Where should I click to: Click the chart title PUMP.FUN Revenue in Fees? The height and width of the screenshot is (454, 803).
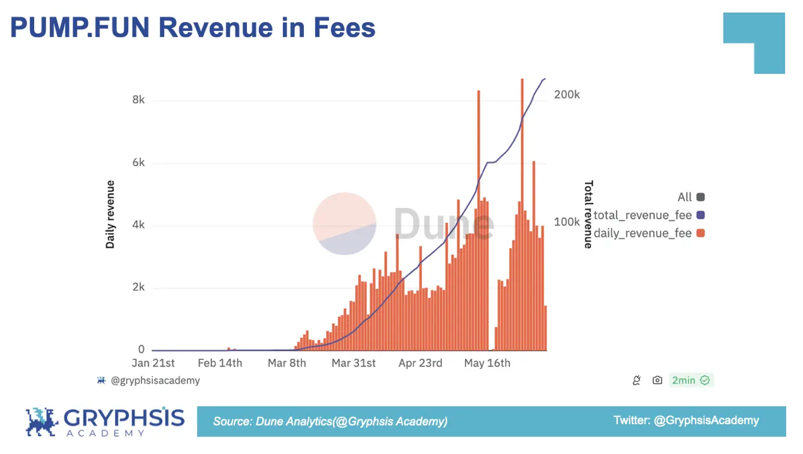pos(193,28)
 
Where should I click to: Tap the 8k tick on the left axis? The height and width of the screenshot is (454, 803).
pos(138,100)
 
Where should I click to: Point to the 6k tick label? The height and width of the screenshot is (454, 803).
pos(138,163)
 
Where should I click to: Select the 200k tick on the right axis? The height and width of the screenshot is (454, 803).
pos(567,95)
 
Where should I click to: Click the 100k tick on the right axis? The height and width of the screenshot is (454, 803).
pos(567,222)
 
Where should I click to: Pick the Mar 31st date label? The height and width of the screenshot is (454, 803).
pos(354,363)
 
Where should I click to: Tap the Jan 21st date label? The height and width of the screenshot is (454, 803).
pos(153,363)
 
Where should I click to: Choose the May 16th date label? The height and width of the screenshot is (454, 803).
pos(487,363)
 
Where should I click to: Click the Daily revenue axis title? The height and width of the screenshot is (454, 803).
pos(111,215)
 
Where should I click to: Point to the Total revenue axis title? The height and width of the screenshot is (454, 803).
pos(588,215)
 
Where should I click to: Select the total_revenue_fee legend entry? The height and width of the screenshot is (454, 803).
pos(643,215)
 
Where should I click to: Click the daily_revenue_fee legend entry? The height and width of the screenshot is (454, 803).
pos(643,233)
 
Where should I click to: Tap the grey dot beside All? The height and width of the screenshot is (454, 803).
pos(700,197)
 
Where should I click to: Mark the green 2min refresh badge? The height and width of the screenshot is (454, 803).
pos(691,380)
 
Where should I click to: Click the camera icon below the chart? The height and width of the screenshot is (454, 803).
pos(658,380)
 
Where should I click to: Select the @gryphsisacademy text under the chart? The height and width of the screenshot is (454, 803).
pos(155,381)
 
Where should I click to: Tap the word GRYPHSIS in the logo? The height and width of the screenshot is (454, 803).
pos(124,417)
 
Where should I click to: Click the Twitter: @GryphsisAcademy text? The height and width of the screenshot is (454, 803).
pos(686,421)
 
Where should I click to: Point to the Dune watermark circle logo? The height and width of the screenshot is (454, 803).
pos(344,224)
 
